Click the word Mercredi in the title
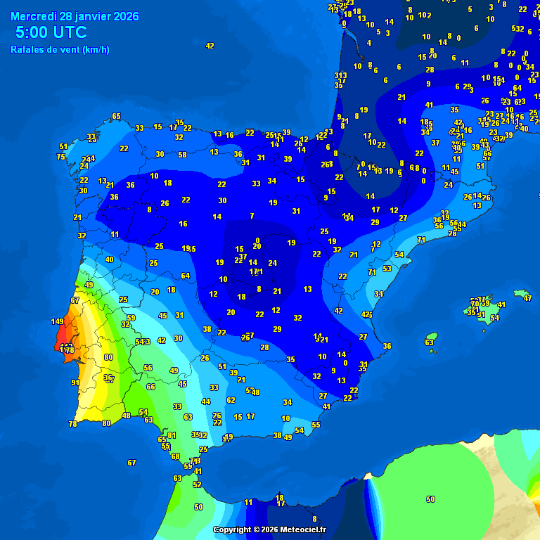pyautogui.click(x=34, y=16)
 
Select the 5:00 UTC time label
pyautogui.click(x=51, y=32)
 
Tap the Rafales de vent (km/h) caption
pyautogui.click(x=60, y=49)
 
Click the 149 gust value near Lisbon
pyautogui.click(x=58, y=321)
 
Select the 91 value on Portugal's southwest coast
pyautogui.click(x=75, y=382)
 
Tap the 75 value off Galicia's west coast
pyautogui.click(x=61, y=157)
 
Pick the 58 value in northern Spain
pyautogui.click(x=182, y=155)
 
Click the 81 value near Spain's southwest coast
pyautogui.click(x=172, y=435)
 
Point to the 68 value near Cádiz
pyautogui.click(x=175, y=456)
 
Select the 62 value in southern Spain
pyautogui.click(x=231, y=400)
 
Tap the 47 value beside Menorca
pyautogui.click(x=527, y=298)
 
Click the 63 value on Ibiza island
pyautogui.click(x=430, y=342)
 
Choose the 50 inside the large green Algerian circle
pyautogui.click(x=430, y=499)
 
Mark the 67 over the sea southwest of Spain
pyautogui.click(x=131, y=463)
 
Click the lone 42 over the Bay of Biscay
pyautogui.click(x=210, y=46)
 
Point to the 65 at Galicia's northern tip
pyautogui.click(x=116, y=116)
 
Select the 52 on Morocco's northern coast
pyautogui.click(x=197, y=484)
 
